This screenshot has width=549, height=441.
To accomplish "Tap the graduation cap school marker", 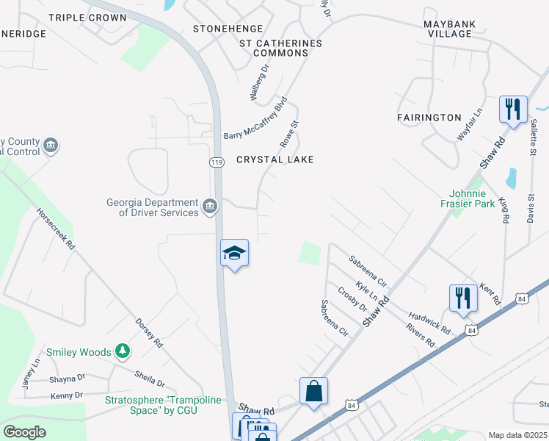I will click(235, 254).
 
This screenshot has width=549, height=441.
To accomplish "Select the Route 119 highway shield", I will click(216, 162).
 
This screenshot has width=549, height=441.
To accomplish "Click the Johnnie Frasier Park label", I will click(468, 198).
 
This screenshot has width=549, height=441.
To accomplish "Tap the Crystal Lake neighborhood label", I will click(275, 159).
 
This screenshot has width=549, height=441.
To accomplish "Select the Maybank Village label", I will click(449, 29).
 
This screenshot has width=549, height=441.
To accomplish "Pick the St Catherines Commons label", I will click(281, 49).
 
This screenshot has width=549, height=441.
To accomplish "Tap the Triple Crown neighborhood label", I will click(87, 17).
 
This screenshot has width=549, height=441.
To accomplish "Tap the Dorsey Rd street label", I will click(148, 331).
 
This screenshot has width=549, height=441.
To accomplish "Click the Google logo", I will click(24, 432).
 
